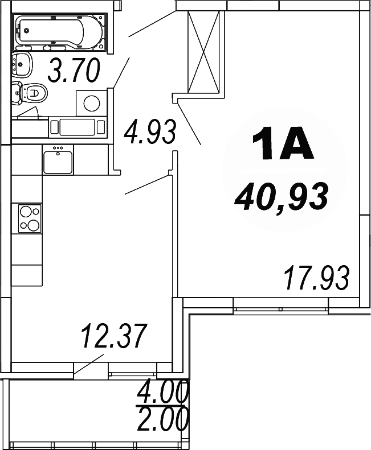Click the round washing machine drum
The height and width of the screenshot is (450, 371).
(91, 103)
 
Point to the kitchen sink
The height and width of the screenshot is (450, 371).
(58, 160)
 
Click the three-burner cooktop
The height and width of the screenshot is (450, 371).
(30, 218)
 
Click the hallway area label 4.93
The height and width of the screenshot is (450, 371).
(149, 132)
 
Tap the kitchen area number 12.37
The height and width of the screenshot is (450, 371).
(114, 336)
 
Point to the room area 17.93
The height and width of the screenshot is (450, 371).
(316, 278)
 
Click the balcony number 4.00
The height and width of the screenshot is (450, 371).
(164, 393)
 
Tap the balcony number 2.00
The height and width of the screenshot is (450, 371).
(164, 421)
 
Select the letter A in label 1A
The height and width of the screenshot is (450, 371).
(296, 145)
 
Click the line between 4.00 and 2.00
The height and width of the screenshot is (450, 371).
(164, 406)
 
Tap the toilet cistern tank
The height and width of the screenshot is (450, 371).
(15, 92)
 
